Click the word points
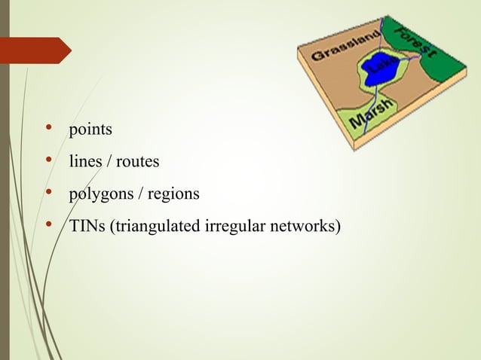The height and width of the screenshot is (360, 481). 90,130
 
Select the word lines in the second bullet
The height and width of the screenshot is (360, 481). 84,161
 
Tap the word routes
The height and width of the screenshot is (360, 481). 136,161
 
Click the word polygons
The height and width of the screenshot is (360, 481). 99,194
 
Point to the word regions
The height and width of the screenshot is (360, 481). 173,194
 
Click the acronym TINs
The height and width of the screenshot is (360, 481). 87,226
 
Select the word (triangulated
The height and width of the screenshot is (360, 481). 155,226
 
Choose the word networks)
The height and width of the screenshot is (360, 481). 304,226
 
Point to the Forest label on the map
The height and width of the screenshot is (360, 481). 417,38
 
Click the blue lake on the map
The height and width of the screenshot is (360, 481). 379,72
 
